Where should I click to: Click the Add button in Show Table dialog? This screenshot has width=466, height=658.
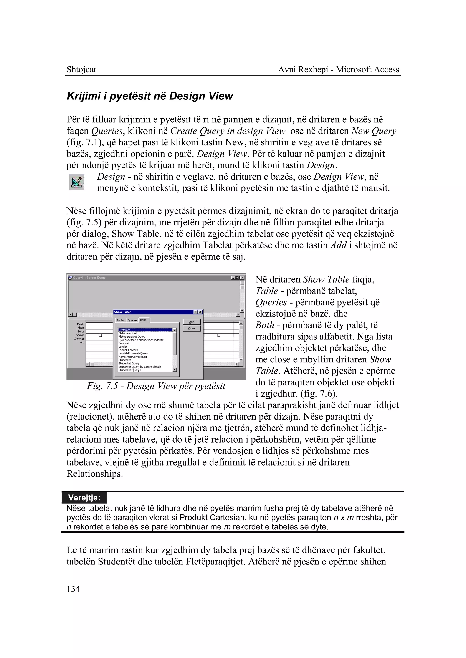[191, 322]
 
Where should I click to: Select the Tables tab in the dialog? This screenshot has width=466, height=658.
[120, 320]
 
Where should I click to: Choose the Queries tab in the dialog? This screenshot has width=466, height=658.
[132, 320]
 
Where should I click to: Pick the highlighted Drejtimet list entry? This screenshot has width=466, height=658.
[124, 330]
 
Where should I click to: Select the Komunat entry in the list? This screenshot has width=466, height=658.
[124, 343]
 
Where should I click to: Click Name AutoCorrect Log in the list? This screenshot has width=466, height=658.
[133, 357]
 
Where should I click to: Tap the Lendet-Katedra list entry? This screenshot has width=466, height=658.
[128, 350]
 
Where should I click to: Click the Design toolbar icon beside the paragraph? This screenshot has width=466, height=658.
[77, 182]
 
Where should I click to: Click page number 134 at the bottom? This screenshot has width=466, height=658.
[73, 589]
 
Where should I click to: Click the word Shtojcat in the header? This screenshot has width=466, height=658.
[81, 69]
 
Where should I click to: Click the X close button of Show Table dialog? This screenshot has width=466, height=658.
[200, 312]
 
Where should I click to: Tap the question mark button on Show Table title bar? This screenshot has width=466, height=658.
[196, 312]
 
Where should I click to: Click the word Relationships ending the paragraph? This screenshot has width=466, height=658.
[94, 474]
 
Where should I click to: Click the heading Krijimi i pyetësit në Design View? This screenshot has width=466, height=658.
[149, 96]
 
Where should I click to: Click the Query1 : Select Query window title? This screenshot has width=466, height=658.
[89, 278]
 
